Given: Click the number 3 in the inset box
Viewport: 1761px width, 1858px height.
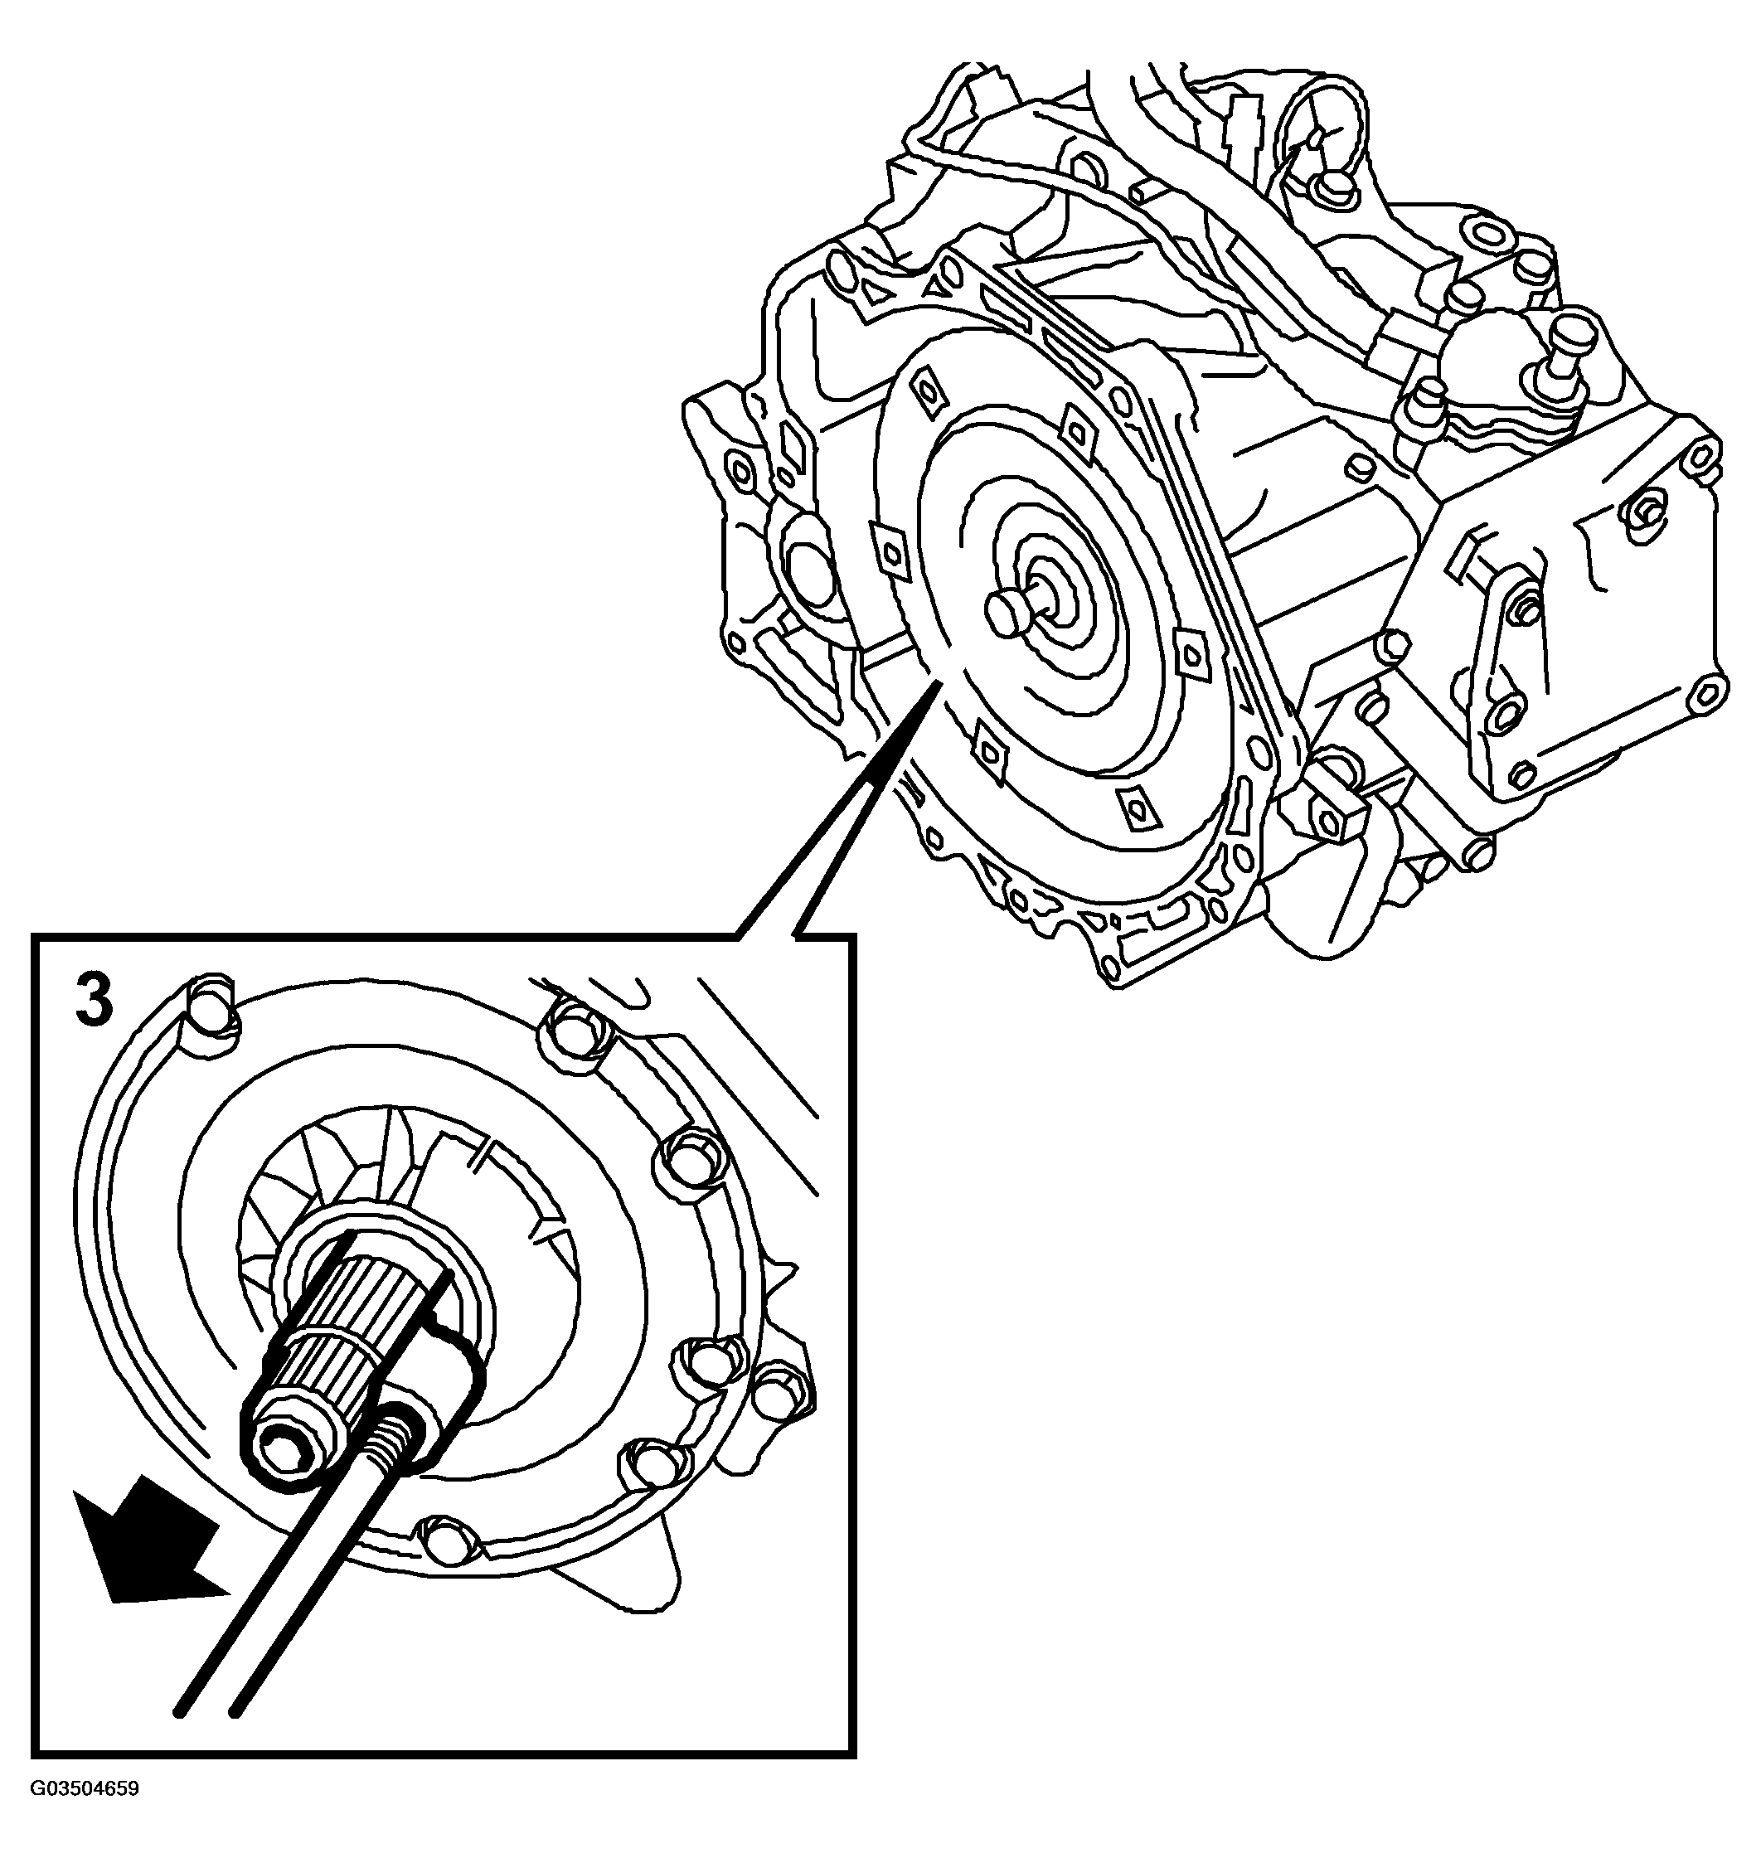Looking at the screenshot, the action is (x=94, y=1002).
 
